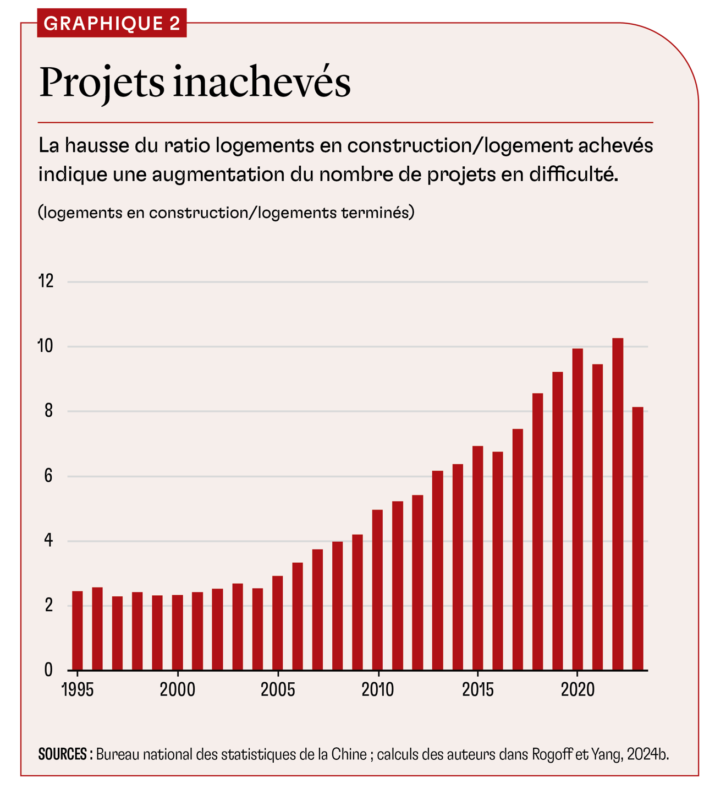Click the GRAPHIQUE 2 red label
pyautogui.click(x=112, y=23)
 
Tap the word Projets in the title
pyautogui.click(x=102, y=84)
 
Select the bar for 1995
pyautogui.click(x=78, y=630)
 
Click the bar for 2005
pyautogui.click(x=278, y=623)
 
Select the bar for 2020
pyautogui.click(x=577, y=509)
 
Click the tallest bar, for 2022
pyautogui.click(x=618, y=504)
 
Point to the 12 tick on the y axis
pyautogui.click(x=46, y=281)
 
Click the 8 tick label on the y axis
pyautogui.click(x=48, y=411)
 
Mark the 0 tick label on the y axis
pyautogui.click(x=48, y=670)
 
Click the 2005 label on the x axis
pyautogui.click(x=278, y=689)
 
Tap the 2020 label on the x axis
pyautogui.click(x=577, y=689)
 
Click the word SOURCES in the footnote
pyautogui.click(x=63, y=754)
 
